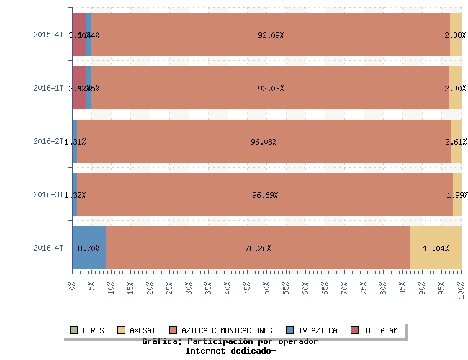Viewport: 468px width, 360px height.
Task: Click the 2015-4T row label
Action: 48,35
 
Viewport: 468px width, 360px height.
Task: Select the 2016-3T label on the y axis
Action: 48,194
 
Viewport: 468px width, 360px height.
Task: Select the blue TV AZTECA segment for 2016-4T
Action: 89,248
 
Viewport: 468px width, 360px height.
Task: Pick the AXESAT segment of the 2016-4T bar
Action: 436,248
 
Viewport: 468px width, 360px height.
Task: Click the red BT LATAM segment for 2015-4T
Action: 78,35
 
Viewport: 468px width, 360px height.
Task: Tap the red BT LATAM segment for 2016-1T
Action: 78,88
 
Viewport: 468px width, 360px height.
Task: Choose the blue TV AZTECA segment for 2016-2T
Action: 75,142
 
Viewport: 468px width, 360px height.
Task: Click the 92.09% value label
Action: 271,35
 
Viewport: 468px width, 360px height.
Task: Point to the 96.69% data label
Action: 265,195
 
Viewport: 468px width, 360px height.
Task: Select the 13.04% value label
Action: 436,248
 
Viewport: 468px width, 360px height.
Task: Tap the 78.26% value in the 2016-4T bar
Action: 258,248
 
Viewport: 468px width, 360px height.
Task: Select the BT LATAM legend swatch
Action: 355,330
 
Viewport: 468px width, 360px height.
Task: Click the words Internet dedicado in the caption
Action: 230,351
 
